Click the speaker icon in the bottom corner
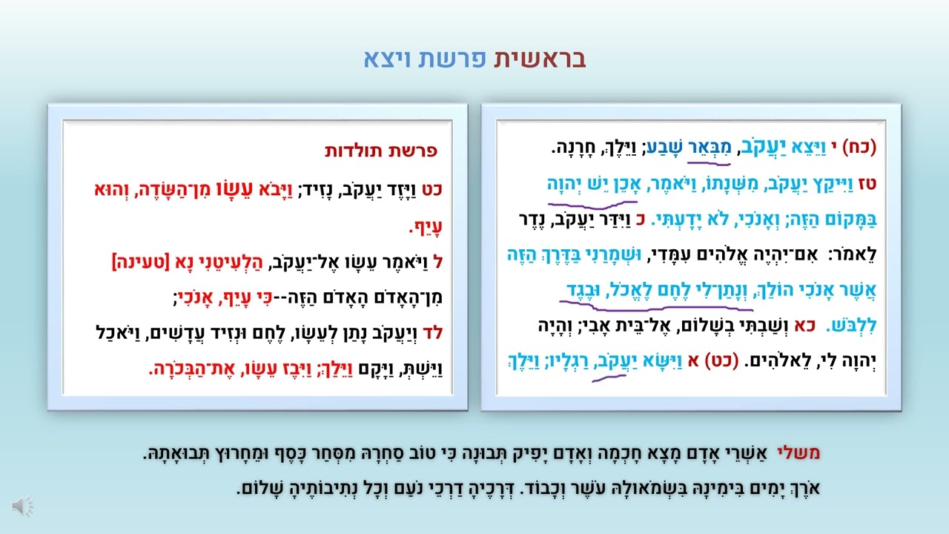click(23, 506)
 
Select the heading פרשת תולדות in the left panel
click(381, 151)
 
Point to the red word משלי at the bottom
click(798, 453)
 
